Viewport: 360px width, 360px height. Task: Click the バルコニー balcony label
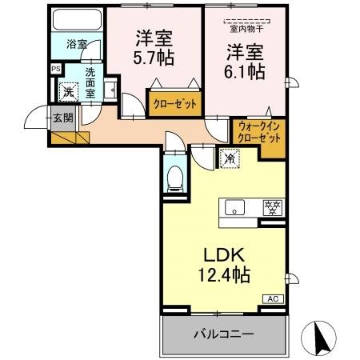[x=223, y=332]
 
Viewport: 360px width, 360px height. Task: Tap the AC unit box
[x=271, y=298]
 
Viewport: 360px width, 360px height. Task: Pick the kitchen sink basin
[x=235, y=207]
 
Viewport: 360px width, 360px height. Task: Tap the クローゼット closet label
[x=175, y=103]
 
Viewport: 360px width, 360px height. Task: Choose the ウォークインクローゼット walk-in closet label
[x=258, y=131]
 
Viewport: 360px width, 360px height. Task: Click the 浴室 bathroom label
[x=76, y=45]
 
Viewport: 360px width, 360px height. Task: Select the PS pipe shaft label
[x=55, y=70]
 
